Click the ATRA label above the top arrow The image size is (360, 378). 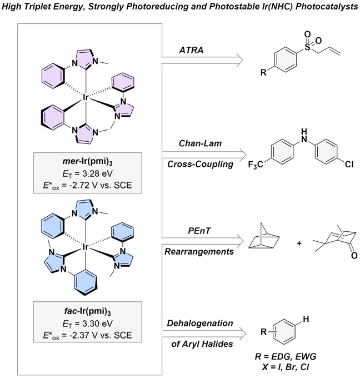tap(191, 50)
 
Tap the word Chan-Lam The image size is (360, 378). tap(200, 143)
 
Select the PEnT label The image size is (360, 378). tap(199, 231)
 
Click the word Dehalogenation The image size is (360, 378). tap(200, 324)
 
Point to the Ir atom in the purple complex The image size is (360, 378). tap(86, 97)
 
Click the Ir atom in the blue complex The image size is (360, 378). tap(86, 247)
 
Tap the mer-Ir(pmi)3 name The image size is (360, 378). tap(87, 162)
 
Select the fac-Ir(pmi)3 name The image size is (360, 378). tap(87, 311)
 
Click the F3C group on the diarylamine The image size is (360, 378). tap(256, 165)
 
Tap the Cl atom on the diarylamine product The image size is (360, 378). tap(349, 165)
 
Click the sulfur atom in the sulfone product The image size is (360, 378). tap(307, 47)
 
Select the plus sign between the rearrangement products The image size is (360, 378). tap(299, 243)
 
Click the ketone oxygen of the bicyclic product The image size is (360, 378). tap(354, 255)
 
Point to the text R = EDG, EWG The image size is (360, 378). tap(286, 356)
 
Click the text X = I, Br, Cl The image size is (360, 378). tap(286, 367)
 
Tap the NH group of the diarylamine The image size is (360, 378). tap(304, 136)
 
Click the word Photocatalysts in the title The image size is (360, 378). tap(327, 7)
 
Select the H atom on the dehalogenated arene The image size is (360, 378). tap(306, 320)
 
